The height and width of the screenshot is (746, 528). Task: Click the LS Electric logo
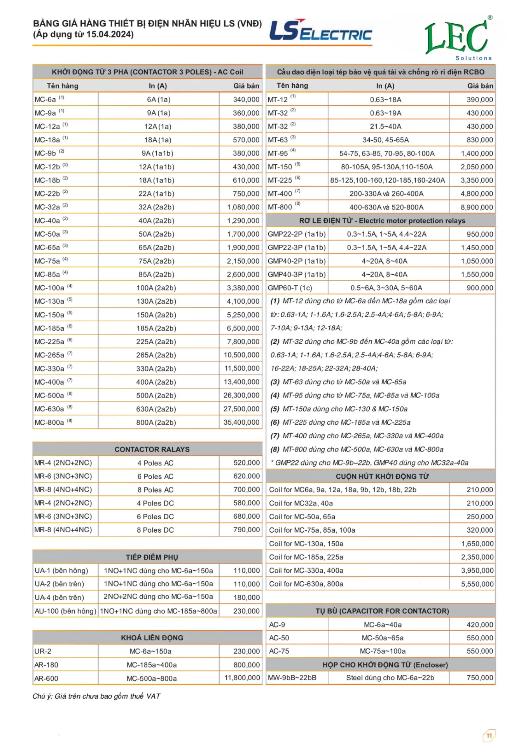pos(320,30)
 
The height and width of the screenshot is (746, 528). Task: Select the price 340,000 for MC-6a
pos(246,99)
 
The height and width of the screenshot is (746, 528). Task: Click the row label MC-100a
pos(49,288)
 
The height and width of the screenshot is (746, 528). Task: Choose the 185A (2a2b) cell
pos(156,328)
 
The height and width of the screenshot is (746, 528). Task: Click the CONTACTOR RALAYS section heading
pos(152,450)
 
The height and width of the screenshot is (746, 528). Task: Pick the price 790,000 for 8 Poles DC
pos(247,530)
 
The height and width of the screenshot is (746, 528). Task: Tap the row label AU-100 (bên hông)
pos(65,611)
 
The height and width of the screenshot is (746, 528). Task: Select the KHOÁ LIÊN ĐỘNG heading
pos(152,638)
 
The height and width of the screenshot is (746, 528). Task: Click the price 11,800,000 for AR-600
pos(242,678)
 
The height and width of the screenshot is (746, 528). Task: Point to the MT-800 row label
pos(280,207)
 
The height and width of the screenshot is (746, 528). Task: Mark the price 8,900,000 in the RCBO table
pos(477,207)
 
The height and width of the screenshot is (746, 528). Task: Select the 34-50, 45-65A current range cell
pos(385,140)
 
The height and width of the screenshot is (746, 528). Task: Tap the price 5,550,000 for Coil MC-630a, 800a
pos(477,584)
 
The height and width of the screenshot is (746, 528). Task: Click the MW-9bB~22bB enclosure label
pos(292,678)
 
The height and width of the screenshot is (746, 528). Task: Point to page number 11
pos(489,736)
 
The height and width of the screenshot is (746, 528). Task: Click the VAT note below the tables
pos(96,696)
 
